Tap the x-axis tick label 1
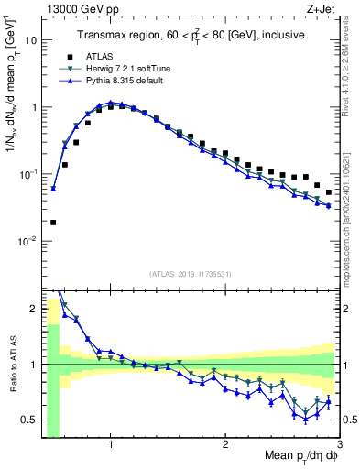pyautogui.click(x=111, y=444)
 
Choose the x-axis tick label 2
pyautogui.click(x=225, y=444)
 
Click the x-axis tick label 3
pyautogui.click(x=340, y=444)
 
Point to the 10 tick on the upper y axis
pyautogui.click(x=30, y=40)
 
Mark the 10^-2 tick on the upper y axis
pyautogui.click(x=27, y=241)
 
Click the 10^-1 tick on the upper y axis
pyautogui.click(x=27, y=174)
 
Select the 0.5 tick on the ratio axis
pyautogui.click(x=29, y=420)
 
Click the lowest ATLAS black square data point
pyautogui.click(x=53, y=222)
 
